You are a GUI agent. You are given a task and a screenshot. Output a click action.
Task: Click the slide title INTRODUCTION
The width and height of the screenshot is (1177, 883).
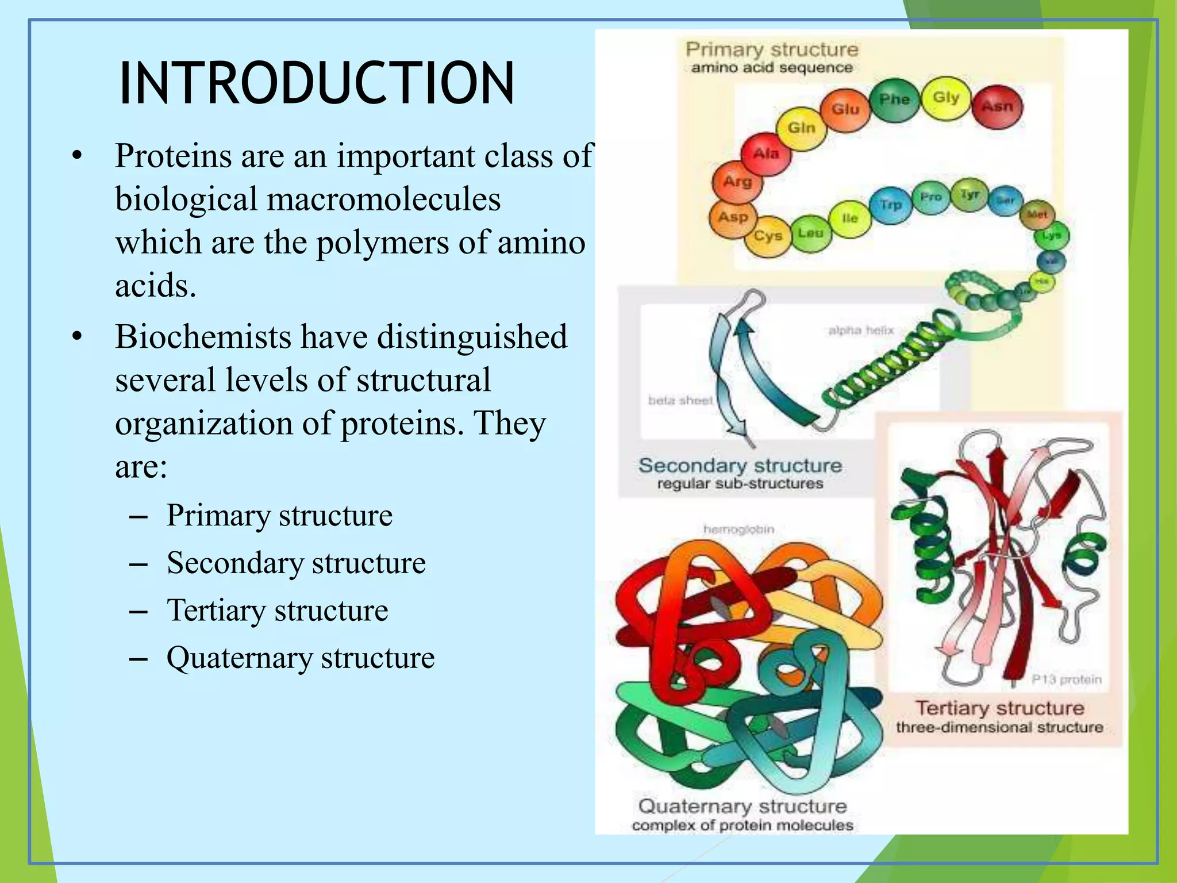[x=316, y=83]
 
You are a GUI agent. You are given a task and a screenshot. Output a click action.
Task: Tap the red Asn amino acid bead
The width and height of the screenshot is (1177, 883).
[x=998, y=106]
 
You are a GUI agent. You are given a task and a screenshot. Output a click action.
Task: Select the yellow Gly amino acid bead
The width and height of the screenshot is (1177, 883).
[x=946, y=98]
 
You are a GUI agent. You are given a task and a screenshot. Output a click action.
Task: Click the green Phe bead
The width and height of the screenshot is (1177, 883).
[x=894, y=100]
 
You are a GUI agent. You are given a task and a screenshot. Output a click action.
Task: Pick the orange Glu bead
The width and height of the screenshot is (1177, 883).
[x=845, y=109]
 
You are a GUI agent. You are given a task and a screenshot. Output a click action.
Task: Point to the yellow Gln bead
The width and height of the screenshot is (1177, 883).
[x=801, y=128]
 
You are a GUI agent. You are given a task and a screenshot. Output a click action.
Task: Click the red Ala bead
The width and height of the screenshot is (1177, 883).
[x=766, y=154]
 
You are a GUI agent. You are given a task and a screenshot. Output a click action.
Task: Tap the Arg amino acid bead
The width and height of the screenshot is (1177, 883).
[x=737, y=182]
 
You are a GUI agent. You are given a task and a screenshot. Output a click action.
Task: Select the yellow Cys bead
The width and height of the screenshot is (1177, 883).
[x=768, y=236]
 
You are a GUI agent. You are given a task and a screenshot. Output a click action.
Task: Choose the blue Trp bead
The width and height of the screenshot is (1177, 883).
[x=891, y=205]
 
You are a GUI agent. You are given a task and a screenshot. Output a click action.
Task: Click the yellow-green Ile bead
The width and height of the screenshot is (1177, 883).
[x=849, y=218]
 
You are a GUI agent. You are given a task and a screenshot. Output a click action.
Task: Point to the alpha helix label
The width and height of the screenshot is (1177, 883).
[x=861, y=331]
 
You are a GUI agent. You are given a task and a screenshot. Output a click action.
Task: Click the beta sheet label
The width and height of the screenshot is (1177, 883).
[x=680, y=400]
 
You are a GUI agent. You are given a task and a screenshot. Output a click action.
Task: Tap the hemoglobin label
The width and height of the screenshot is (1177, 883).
[x=738, y=529]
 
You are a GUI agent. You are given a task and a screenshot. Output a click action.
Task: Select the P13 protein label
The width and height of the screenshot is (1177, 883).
[x=1066, y=679]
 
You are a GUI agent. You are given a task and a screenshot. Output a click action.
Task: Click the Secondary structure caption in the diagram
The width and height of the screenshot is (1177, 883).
[x=740, y=466]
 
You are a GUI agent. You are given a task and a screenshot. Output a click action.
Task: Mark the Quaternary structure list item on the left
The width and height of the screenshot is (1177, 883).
[x=300, y=658]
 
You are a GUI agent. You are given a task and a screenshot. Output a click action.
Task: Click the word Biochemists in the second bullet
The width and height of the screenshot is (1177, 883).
[x=202, y=337]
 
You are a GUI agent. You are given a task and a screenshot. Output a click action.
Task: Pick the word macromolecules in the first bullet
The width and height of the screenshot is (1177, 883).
[x=383, y=199]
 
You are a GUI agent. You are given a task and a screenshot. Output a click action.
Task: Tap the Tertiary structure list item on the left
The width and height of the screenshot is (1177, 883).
[x=277, y=611]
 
